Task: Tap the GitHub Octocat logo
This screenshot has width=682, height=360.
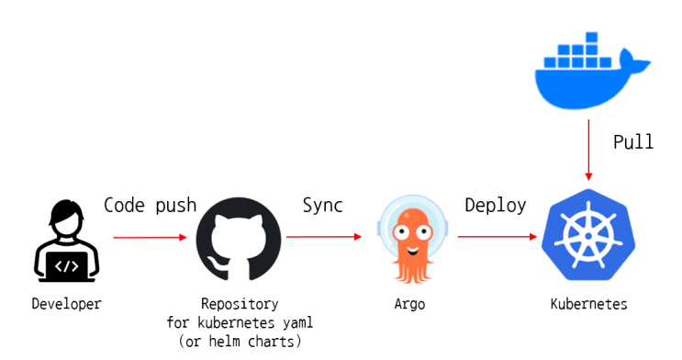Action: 239,239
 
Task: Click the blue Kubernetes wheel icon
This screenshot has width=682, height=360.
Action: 588,235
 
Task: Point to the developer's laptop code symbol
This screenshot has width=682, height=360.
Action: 66,265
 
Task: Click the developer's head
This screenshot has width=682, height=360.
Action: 66,218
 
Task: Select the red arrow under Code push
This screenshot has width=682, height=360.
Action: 150,237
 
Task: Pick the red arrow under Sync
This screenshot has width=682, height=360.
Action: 324,237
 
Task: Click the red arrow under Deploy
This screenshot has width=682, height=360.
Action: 498,236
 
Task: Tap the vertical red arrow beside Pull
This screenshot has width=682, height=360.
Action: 588,151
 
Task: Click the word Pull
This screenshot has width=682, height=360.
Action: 633,142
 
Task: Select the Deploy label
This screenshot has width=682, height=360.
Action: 496,206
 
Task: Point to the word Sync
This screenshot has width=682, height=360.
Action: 323,206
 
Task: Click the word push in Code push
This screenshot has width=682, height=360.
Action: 176,206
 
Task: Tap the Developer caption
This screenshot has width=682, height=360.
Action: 66,304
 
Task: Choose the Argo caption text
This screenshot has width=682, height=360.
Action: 409,304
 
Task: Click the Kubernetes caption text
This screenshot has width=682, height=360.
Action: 589,304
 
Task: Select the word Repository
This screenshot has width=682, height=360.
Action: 240,304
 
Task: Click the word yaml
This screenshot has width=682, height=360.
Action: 298,322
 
